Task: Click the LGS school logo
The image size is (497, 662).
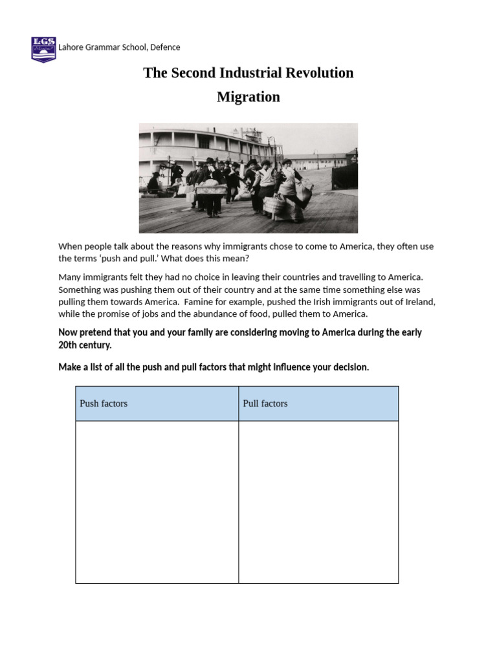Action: pos(43,49)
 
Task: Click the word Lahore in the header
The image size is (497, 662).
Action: pos(71,47)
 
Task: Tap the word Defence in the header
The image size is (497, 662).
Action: pos(165,47)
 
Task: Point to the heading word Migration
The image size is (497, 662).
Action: pos(248,97)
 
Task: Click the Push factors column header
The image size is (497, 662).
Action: pos(104,403)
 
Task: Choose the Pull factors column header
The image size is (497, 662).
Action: pos(265,403)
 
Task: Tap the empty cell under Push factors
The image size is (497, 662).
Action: pos(157,502)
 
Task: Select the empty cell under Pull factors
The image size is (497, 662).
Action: pos(318,502)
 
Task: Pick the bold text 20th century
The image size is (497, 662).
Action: pos(85,345)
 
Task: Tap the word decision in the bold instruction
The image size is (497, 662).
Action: pos(350,367)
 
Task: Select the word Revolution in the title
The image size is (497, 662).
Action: pos(321,72)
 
